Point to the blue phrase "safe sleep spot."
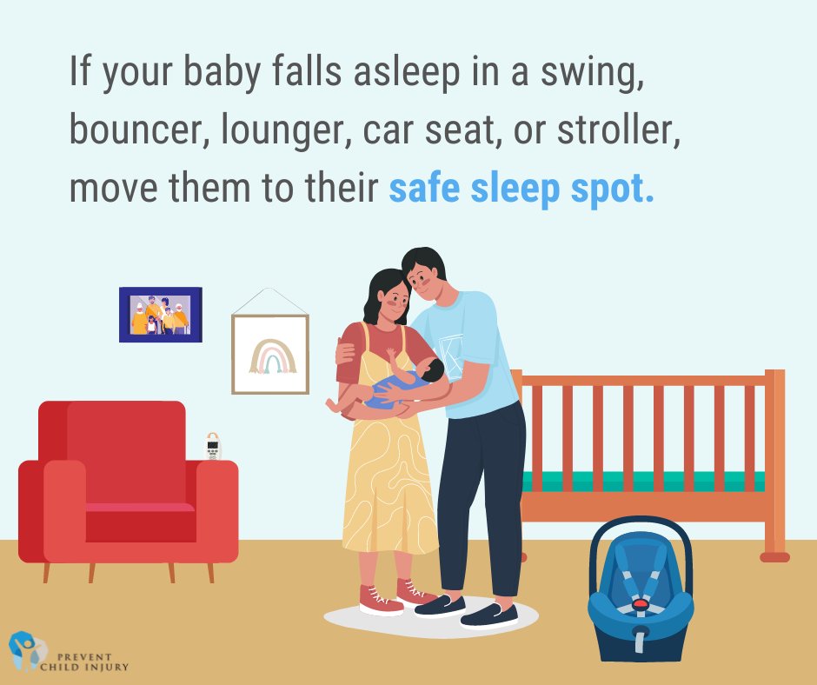coord(521,189)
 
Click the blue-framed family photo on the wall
coord(160,315)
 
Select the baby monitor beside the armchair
coord(213,446)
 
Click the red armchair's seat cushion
coord(128,508)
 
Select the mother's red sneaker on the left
coord(380,599)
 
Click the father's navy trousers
coord(478,495)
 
